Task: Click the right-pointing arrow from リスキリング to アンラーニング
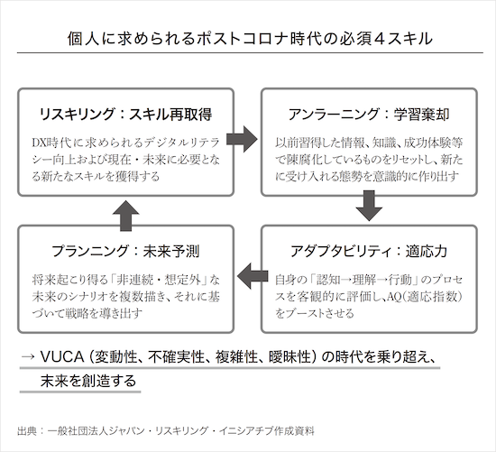(x=242, y=139)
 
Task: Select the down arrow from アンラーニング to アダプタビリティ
(x=369, y=206)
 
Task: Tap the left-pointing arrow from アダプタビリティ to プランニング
(x=253, y=276)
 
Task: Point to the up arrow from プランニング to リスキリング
(x=126, y=216)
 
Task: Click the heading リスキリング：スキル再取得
(x=125, y=115)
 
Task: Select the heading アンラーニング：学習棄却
(x=369, y=115)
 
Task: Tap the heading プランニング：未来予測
(x=125, y=252)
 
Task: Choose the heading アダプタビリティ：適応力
(x=369, y=252)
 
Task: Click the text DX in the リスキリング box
(x=39, y=143)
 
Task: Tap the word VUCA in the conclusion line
(x=62, y=357)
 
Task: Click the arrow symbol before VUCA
(x=28, y=357)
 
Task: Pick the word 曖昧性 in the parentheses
(x=289, y=357)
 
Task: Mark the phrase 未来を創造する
(x=88, y=381)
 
